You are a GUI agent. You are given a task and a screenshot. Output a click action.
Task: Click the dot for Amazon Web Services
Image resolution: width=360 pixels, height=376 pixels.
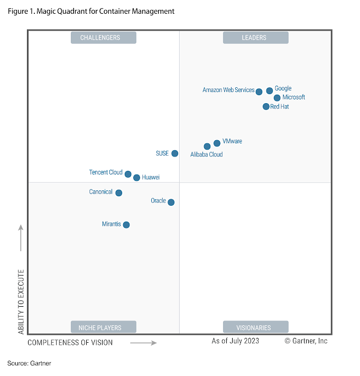pos(259,91)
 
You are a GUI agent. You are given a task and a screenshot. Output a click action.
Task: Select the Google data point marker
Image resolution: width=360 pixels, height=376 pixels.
pos(270,90)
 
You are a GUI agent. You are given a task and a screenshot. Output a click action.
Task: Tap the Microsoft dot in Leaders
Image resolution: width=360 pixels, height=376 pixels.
pos(277,98)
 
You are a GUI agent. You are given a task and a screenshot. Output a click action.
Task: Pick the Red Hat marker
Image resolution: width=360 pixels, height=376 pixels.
pos(266,106)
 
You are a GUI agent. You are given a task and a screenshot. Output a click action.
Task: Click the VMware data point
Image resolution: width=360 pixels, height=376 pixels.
pos(217,143)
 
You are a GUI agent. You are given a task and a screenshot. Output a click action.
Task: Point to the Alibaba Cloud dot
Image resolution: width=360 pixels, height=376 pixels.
pos(207,146)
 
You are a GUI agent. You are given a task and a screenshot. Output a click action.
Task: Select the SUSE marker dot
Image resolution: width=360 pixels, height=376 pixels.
pos(175,153)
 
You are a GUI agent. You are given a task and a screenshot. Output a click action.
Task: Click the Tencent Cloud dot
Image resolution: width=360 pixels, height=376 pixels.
pos(128,173)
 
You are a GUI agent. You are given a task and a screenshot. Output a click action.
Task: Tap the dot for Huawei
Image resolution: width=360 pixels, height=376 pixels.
pos(136,178)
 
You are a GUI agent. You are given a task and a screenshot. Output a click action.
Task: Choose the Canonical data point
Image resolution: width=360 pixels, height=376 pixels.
pos(119,193)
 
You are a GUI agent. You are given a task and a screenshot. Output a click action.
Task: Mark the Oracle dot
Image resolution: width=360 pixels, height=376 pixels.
pos(171,202)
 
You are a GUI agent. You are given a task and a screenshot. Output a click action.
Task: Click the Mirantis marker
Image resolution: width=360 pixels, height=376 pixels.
pos(126,225)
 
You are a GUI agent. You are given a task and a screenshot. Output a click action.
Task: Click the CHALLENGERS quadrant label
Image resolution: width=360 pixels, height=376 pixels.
pos(103,38)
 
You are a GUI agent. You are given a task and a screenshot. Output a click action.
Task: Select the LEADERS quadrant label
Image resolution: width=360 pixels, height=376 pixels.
pos(255,38)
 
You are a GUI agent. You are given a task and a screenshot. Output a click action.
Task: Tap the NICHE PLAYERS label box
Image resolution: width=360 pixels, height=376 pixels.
pos(103,327)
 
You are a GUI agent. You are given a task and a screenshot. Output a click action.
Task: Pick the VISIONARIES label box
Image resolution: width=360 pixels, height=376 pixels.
pos(255,327)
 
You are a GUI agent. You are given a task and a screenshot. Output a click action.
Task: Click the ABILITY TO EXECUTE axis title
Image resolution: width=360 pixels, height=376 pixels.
pos(21,301)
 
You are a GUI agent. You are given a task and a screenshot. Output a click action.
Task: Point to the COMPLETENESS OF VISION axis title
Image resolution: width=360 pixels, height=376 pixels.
pos(70,343)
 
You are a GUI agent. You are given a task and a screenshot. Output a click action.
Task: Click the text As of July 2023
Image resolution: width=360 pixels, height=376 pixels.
pos(235,341)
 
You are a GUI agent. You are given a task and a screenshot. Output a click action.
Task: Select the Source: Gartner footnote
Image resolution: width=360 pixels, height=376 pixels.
pos(29,363)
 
